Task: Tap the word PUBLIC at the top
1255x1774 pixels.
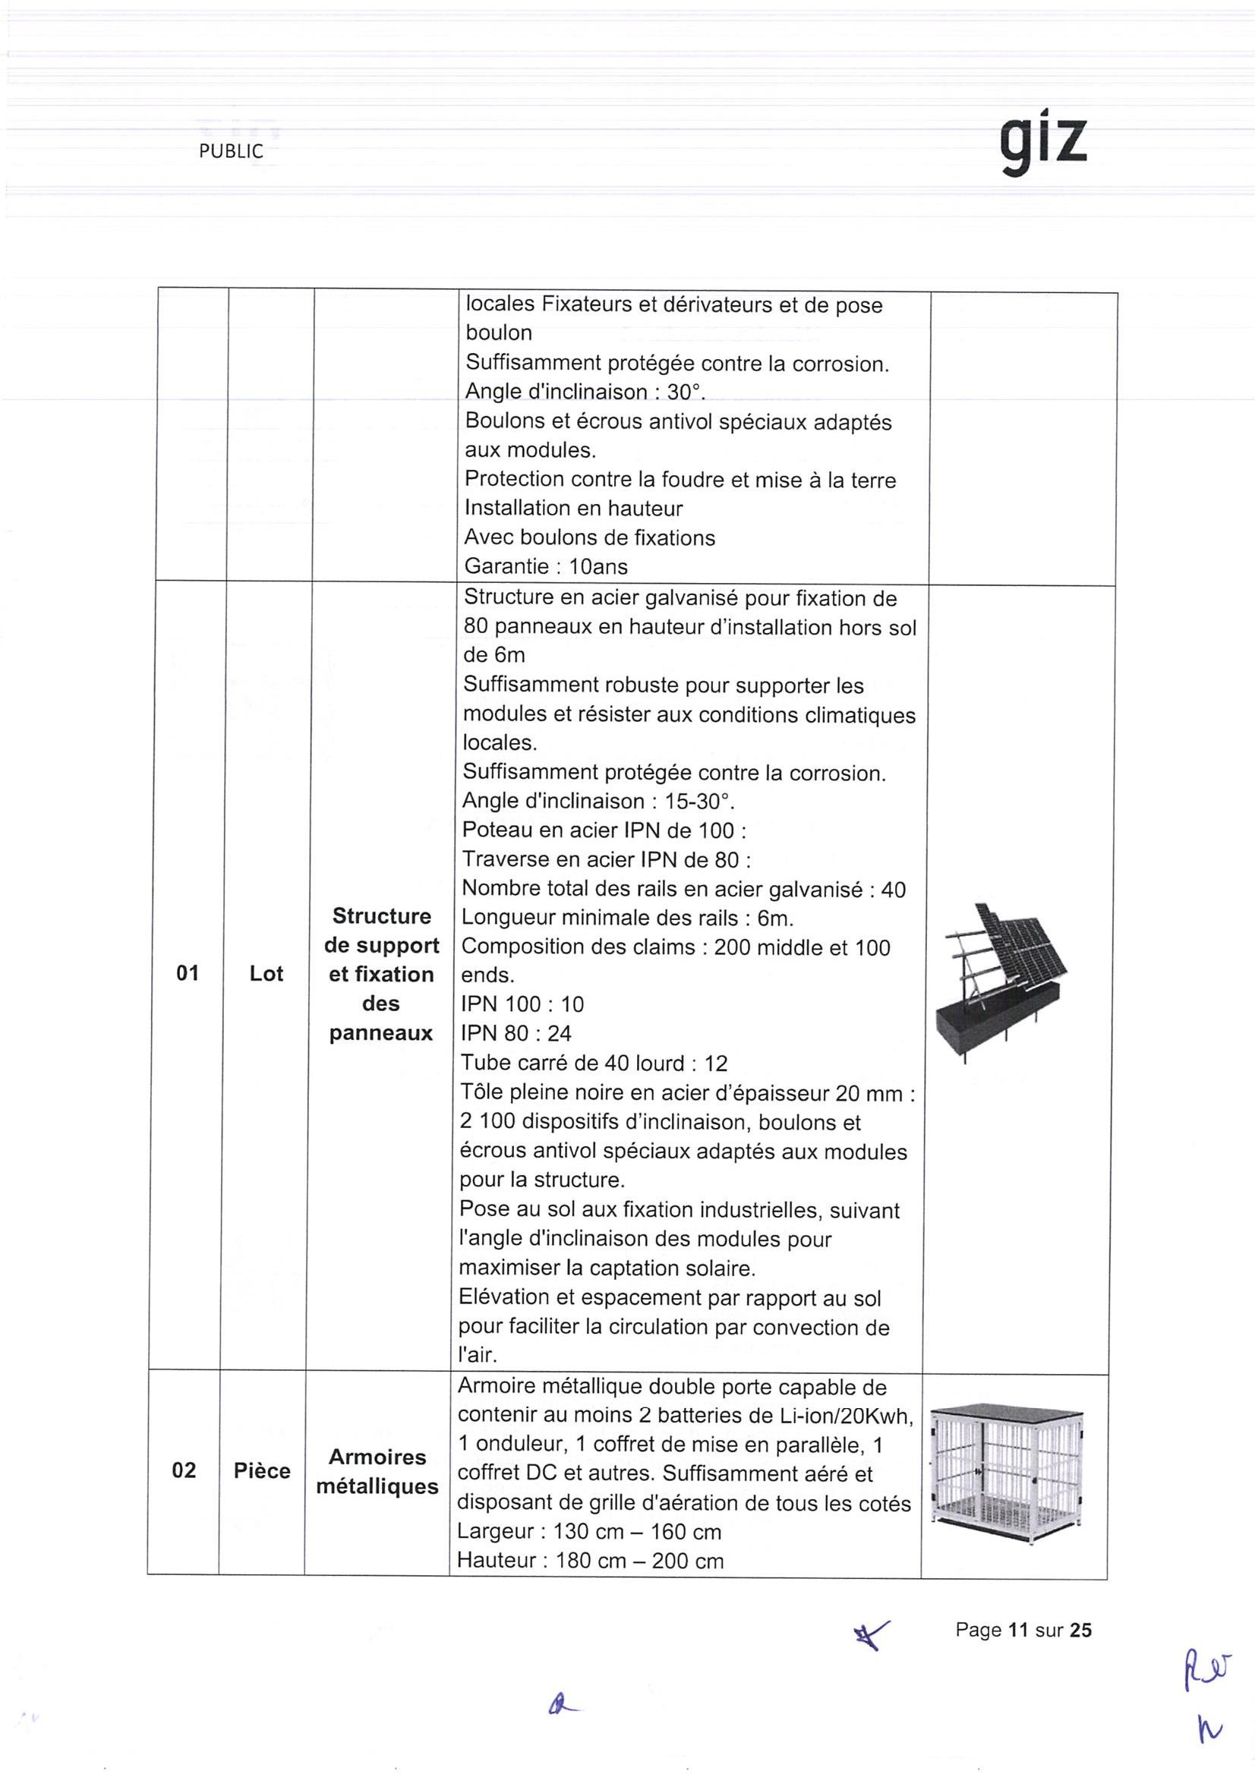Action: [x=230, y=153]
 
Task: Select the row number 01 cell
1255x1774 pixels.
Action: [x=188, y=973]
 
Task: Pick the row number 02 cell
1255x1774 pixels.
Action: [x=184, y=1470]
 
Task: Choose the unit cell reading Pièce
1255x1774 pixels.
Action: [x=262, y=1470]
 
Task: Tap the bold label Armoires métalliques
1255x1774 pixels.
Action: [x=377, y=1472]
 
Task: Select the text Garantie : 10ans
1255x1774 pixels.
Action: [x=546, y=566]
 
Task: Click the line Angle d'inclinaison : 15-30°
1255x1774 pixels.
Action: [x=598, y=802]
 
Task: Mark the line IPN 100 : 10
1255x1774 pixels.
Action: [x=522, y=1004]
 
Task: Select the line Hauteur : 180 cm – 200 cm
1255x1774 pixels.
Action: [x=591, y=1561]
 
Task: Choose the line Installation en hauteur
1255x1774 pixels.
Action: [x=573, y=509]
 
